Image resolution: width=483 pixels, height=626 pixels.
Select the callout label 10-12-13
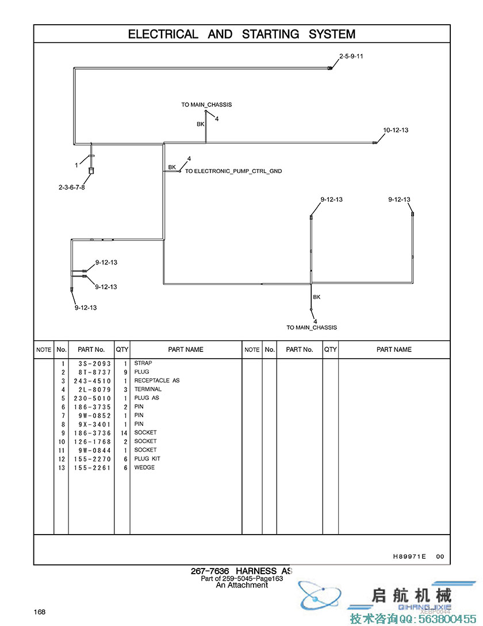pyautogui.click(x=396, y=130)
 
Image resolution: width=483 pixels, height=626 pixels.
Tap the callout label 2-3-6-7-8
pyautogui.click(x=71, y=187)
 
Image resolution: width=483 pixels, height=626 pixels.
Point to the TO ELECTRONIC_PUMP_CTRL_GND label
pyautogui.click(x=233, y=171)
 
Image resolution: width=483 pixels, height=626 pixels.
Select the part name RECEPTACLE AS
pyautogui.click(x=157, y=381)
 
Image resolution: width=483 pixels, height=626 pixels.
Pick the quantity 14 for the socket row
pyautogui.click(x=123, y=432)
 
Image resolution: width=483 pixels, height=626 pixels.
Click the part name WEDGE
pyautogui.click(x=144, y=467)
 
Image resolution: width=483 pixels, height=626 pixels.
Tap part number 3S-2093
pyautogui.click(x=94, y=363)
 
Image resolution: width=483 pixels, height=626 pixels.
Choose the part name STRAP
pyautogui.click(x=143, y=363)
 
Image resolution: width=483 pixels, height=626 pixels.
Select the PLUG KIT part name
pyautogui.click(x=148, y=459)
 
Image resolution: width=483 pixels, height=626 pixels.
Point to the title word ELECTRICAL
pyautogui.click(x=163, y=34)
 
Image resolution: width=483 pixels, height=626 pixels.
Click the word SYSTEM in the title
pyautogui.click(x=332, y=34)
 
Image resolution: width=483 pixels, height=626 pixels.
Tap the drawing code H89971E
pyautogui.click(x=409, y=556)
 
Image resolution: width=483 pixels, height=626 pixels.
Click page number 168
pyautogui.click(x=40, y=612)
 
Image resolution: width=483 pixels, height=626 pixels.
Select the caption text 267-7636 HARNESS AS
pyautogui.click(x=241, y=571)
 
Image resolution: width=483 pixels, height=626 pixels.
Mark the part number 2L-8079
pyautogui.click(x=94, y=389)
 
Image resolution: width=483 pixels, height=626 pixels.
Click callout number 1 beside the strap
pyautogui.click(x=76, y=165)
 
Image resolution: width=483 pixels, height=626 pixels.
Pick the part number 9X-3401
pyautogui.click(x=94, y=424)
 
